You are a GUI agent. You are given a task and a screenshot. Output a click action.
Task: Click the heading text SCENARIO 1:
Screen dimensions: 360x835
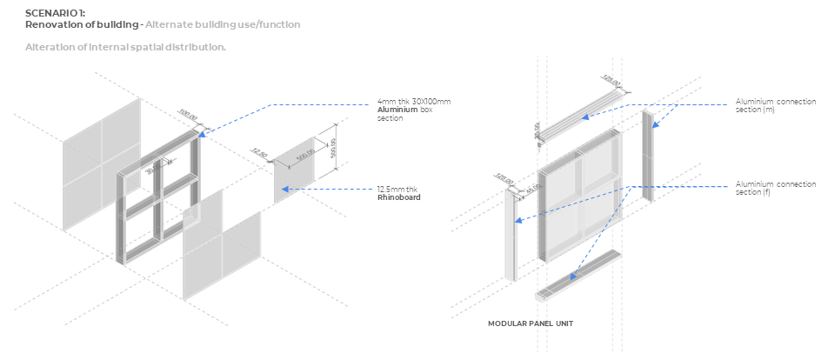click(56, 13)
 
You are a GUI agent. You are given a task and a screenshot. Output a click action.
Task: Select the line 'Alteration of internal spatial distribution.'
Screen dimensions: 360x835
click(125, 46)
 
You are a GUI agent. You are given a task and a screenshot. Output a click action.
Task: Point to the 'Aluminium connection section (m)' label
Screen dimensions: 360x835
click(776, 105)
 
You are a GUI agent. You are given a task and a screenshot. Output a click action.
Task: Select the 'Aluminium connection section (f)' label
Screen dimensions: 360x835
click(776, 188)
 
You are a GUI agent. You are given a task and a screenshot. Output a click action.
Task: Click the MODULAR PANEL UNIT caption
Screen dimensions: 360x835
click(530, 323)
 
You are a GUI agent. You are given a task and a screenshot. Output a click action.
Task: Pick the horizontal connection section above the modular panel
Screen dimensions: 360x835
click(578, 112)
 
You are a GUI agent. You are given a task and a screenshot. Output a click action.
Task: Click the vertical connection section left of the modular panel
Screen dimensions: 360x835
click(511, 235)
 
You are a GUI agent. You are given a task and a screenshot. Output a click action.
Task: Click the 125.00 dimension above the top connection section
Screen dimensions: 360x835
click(611, 83)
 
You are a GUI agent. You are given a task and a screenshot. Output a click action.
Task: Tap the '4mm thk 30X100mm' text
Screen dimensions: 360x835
click(414, 102)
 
